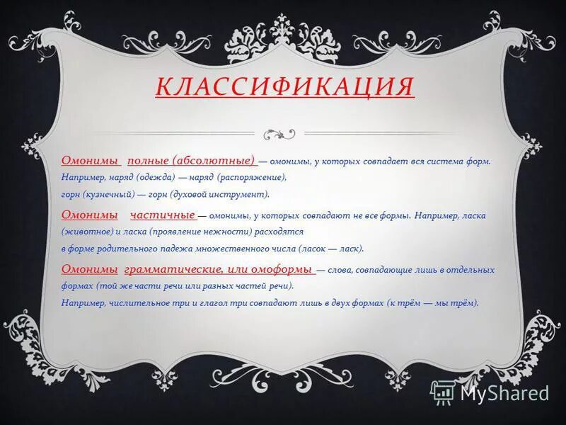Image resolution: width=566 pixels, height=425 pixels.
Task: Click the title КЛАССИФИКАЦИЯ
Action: [x=285, y=86]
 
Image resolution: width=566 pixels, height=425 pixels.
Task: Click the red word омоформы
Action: [x=286, y=270]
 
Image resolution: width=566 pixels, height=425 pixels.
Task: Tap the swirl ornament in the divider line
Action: [x=279, y=132]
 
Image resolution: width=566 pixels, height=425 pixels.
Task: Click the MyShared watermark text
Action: [x=504, y=393]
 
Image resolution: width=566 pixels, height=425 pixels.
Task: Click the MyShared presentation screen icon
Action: [x=443, y=392]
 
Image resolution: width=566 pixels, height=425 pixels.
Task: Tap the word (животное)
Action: [x=84, y=232]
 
